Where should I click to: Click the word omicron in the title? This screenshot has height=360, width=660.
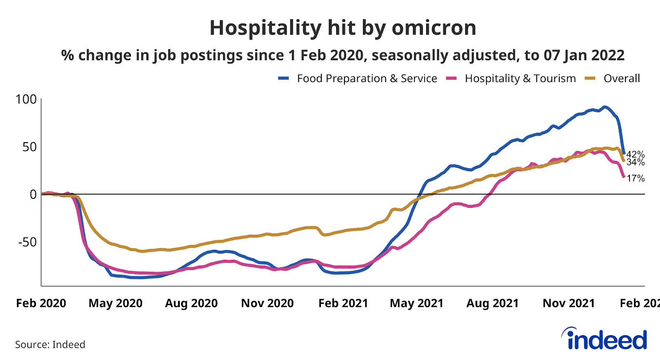click(x=434, y=28)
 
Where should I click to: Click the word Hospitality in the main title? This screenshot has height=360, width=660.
click(x=265, y=28)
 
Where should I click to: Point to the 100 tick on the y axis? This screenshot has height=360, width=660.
click(x=26, y=99)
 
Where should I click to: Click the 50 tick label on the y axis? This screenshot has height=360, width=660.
click(x=29, y=147)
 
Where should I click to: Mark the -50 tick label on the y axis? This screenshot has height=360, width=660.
click(x=27, y=242)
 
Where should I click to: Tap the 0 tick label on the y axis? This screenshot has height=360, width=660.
click(x=33, y=194)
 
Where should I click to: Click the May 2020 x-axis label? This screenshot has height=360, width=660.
click(x=115, y=304)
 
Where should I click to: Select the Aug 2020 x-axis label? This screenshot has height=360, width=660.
click(x=191, y=304)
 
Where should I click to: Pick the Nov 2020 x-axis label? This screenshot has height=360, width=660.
click(x=267, y=304)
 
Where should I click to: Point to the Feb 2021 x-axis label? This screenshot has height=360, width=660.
click(x=343, y=304)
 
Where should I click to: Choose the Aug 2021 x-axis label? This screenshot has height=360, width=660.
click(x=493, y=304)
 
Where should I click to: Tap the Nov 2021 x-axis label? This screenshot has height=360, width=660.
click(x=569, y=304)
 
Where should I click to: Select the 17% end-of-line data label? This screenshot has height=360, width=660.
click(x=636, y=179)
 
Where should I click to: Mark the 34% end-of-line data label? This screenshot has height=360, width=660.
click(x=636, y=162)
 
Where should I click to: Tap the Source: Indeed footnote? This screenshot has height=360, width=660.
click(x=50, y=345)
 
